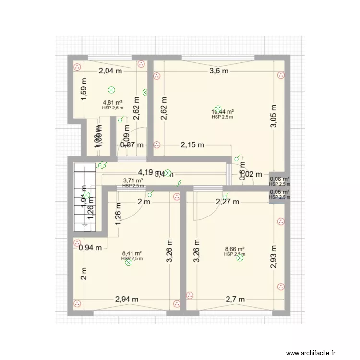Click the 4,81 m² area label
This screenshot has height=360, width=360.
pos(112,102)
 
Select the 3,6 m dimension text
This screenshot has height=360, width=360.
pos(218,71)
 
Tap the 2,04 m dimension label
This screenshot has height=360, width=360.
pos(110,71)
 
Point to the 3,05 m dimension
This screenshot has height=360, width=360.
pos(273,117)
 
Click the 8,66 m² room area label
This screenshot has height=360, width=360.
pos(235,249)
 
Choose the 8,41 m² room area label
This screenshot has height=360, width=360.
pos(132,253)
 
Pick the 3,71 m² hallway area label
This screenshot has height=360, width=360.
pos(133,181)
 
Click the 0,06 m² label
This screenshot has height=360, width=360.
pos(279,179)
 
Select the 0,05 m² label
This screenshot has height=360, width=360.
pos(279,192)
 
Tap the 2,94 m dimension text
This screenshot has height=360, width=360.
pos(127,299)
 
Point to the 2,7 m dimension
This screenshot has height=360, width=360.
pos(235,299)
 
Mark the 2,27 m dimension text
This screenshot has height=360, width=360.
pos(227,202)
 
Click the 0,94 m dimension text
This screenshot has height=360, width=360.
pos(90,248)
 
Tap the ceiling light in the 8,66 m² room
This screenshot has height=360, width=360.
pos(240,258)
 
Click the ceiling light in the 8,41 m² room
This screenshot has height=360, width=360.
pos(128,262)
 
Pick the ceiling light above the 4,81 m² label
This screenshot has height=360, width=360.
pos(111,89)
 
